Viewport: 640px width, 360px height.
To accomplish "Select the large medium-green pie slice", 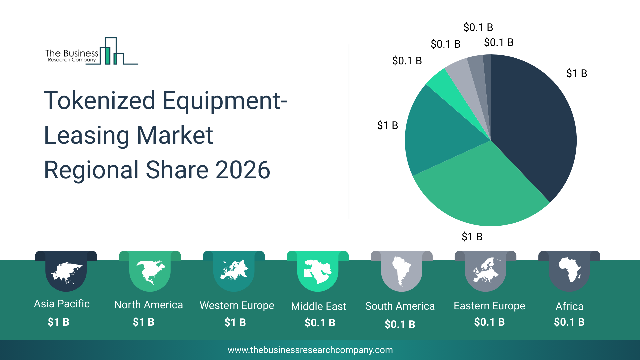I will (480, 187).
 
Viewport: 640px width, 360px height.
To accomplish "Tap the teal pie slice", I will (437, 133).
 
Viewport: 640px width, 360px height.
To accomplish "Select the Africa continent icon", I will (569, 270).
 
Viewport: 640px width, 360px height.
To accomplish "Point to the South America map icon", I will (401, 271).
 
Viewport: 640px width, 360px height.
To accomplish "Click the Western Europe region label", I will (237, 305).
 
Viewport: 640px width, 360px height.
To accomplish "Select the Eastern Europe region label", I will (489, 306).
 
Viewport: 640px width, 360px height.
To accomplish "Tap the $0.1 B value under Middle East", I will (320, 323).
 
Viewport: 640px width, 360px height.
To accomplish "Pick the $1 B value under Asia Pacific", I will (58, 322).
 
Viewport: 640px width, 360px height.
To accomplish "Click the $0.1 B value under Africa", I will (569, 322).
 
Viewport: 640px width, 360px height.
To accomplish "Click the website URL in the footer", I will (310, 350).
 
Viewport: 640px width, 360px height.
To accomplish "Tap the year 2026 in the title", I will (242, 170).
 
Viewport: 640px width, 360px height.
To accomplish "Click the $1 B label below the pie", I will (472, 237).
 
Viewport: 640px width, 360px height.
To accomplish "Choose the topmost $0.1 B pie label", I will (478, 27).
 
